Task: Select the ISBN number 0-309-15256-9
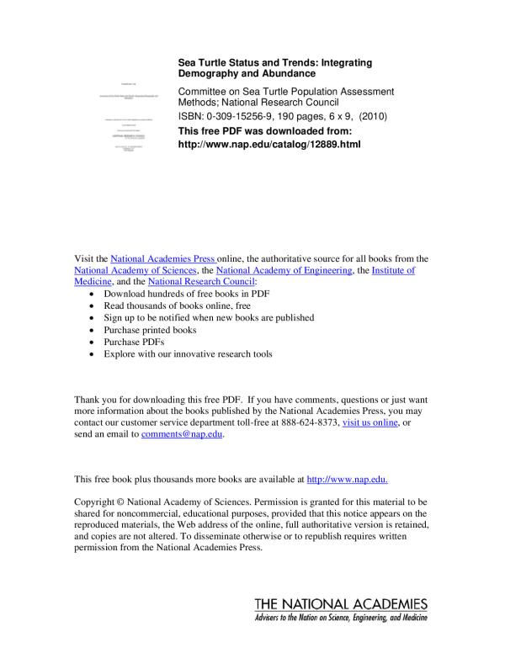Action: pyautogui.click(x=243, y=118)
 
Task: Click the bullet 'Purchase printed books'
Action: pyautogui.click(x=150, y=331)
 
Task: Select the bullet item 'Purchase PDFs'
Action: pyautogui.click(x=135, y=342)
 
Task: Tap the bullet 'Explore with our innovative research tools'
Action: pyautogui.click(x=188, y=354)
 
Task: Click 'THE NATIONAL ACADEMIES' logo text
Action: pyautogui.click(x=340, y=605)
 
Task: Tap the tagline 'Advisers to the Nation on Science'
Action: pyautogui.click(x=340, y=618)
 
